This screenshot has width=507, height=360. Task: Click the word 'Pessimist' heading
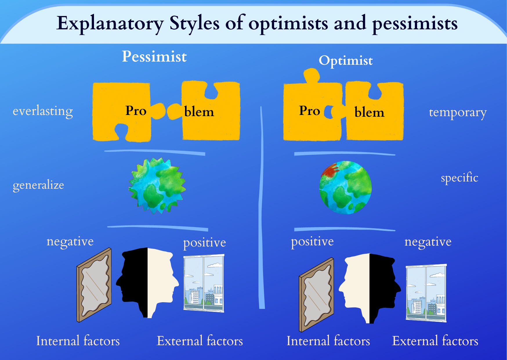[154, 56]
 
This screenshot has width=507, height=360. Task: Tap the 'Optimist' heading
[345, 61]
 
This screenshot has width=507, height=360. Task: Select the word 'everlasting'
[43, 111]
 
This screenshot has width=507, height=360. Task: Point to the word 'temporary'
[457, 112]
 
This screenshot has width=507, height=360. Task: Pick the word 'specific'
[459, 178]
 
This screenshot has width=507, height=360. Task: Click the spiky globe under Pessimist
[157, 186]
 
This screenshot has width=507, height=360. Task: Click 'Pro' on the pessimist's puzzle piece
[135, 111]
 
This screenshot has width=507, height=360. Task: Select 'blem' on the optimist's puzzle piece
[369, 112]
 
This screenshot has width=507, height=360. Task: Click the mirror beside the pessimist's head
[94, 285]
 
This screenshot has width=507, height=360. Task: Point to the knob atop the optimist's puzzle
[312, 75]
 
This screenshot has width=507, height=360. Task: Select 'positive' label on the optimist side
[312, 242]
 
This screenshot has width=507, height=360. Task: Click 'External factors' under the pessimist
[200, 341]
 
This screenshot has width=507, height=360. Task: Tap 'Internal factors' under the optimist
[328, 341]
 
